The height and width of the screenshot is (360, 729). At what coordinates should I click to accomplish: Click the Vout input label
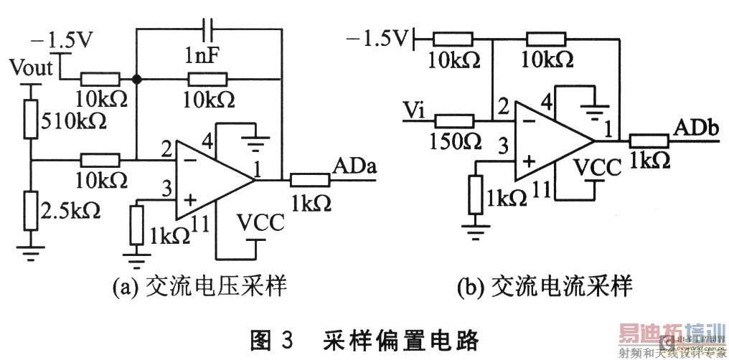[x=32, y=69]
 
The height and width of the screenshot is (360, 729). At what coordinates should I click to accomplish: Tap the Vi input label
[x=415, y=109]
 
